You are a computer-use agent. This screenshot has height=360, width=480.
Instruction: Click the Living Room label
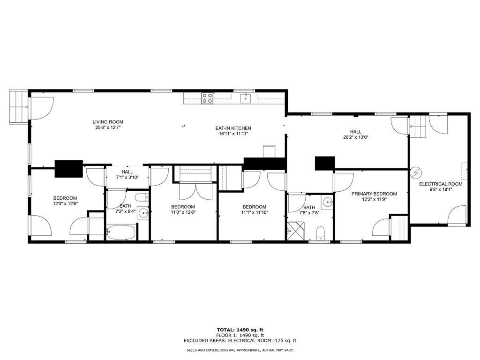(108, 122)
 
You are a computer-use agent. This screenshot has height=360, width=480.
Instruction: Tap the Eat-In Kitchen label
(233, 128)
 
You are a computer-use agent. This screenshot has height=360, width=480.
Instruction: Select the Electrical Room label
(441, 184)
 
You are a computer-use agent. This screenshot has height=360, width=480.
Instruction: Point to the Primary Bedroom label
(374, 194)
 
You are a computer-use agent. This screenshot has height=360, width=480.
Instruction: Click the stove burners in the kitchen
(207, 98)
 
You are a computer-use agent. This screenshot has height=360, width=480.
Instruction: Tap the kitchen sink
(246, 98)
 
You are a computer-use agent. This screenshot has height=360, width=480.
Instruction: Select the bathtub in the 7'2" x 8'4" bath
(120, 232)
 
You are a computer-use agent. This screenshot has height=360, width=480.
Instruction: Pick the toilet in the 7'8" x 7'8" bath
(320, 233)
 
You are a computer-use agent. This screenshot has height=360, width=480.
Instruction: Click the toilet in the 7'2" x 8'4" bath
(142, 197)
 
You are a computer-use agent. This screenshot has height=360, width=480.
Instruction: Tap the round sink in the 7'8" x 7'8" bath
(327, 202)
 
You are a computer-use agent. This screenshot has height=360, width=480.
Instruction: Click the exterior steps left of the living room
(19, 107)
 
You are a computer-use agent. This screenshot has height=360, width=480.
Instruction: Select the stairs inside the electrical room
(418, 126)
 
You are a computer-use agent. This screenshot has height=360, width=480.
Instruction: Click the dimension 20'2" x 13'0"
(356, 137)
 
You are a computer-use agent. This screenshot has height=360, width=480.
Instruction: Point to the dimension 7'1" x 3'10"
(127, 177)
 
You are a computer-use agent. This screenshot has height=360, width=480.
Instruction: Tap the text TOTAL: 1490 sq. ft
(240, 330)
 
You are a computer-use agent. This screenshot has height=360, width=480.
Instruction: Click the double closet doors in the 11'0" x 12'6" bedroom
(195, 191)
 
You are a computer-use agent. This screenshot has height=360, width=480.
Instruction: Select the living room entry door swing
(42, 108)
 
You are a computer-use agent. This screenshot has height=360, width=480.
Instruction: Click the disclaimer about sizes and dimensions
(240, 350)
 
